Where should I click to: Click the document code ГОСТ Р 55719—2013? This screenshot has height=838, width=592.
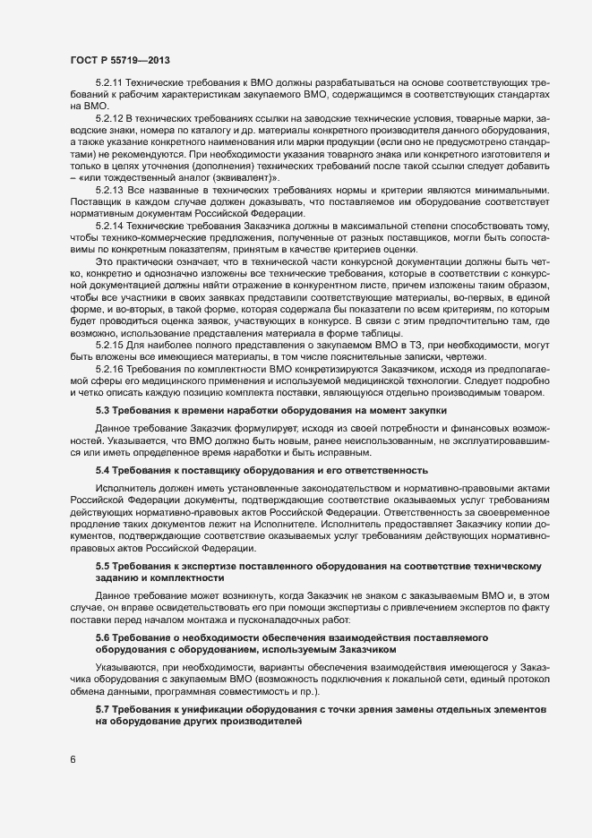pyautogui.click(x=120, y=60)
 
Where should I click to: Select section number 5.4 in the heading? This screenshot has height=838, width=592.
pyautogui.click(x=103, y=470)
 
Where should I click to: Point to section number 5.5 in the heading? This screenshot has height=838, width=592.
pyautogui.click(x=103, y=568)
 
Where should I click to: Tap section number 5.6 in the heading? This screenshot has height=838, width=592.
pyautogui.click(x=103, y=636)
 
